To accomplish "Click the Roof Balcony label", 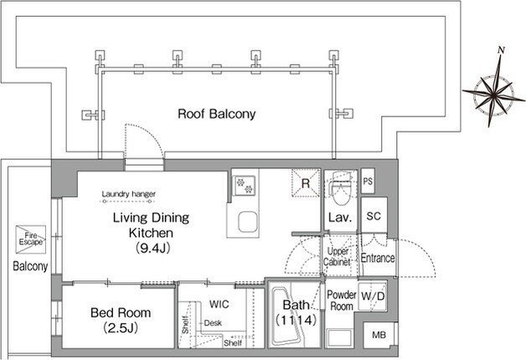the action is click(217, 114).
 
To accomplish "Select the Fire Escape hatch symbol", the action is click(30, 239).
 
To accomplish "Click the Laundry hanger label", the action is click(128, 193).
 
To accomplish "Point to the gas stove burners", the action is click(245, 185).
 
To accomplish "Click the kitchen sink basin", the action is click(248, 222).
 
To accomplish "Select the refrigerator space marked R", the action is click(306, 183).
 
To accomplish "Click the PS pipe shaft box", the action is click(368, 181).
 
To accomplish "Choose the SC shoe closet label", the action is click(374, 216).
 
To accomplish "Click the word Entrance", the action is click(378, 258).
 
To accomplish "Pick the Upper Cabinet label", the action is click(337, 256).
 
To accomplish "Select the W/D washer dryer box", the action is click(373, 296).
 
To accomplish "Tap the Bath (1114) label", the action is click(296, 312).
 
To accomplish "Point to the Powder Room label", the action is click(342, 301).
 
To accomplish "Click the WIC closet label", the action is click(219, 305).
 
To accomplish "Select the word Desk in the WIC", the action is click(213, 323).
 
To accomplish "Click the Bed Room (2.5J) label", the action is click(121, 320).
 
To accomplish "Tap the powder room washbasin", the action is click(339, 338).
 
